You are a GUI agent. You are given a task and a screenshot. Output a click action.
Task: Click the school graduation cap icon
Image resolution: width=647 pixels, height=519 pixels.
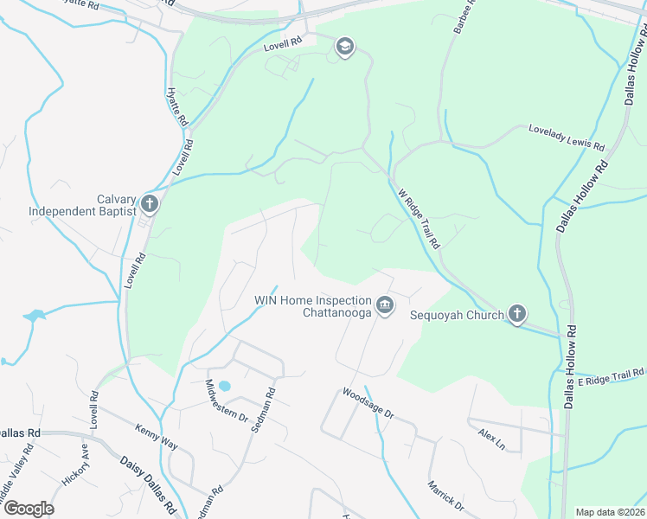(344, 47)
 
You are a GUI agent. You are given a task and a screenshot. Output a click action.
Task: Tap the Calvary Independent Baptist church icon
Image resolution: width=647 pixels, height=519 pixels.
(150, 205)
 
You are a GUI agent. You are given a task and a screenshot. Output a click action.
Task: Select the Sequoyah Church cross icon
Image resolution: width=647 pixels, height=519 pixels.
(517, 314)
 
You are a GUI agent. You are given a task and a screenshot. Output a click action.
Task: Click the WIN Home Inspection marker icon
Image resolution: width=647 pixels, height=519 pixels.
(385, 306)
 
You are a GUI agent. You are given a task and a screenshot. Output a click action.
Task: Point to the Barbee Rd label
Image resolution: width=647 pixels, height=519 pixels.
(460, 18)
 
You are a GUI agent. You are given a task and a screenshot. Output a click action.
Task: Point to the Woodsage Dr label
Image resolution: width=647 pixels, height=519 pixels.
(368, 403)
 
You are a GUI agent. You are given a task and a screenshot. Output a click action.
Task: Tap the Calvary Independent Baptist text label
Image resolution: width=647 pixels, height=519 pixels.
(83, 204)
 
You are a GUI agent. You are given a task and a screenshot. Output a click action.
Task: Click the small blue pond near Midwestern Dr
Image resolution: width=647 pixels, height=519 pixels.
(225, 385)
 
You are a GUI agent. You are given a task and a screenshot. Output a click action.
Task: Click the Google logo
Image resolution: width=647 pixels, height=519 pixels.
(28, 508)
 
